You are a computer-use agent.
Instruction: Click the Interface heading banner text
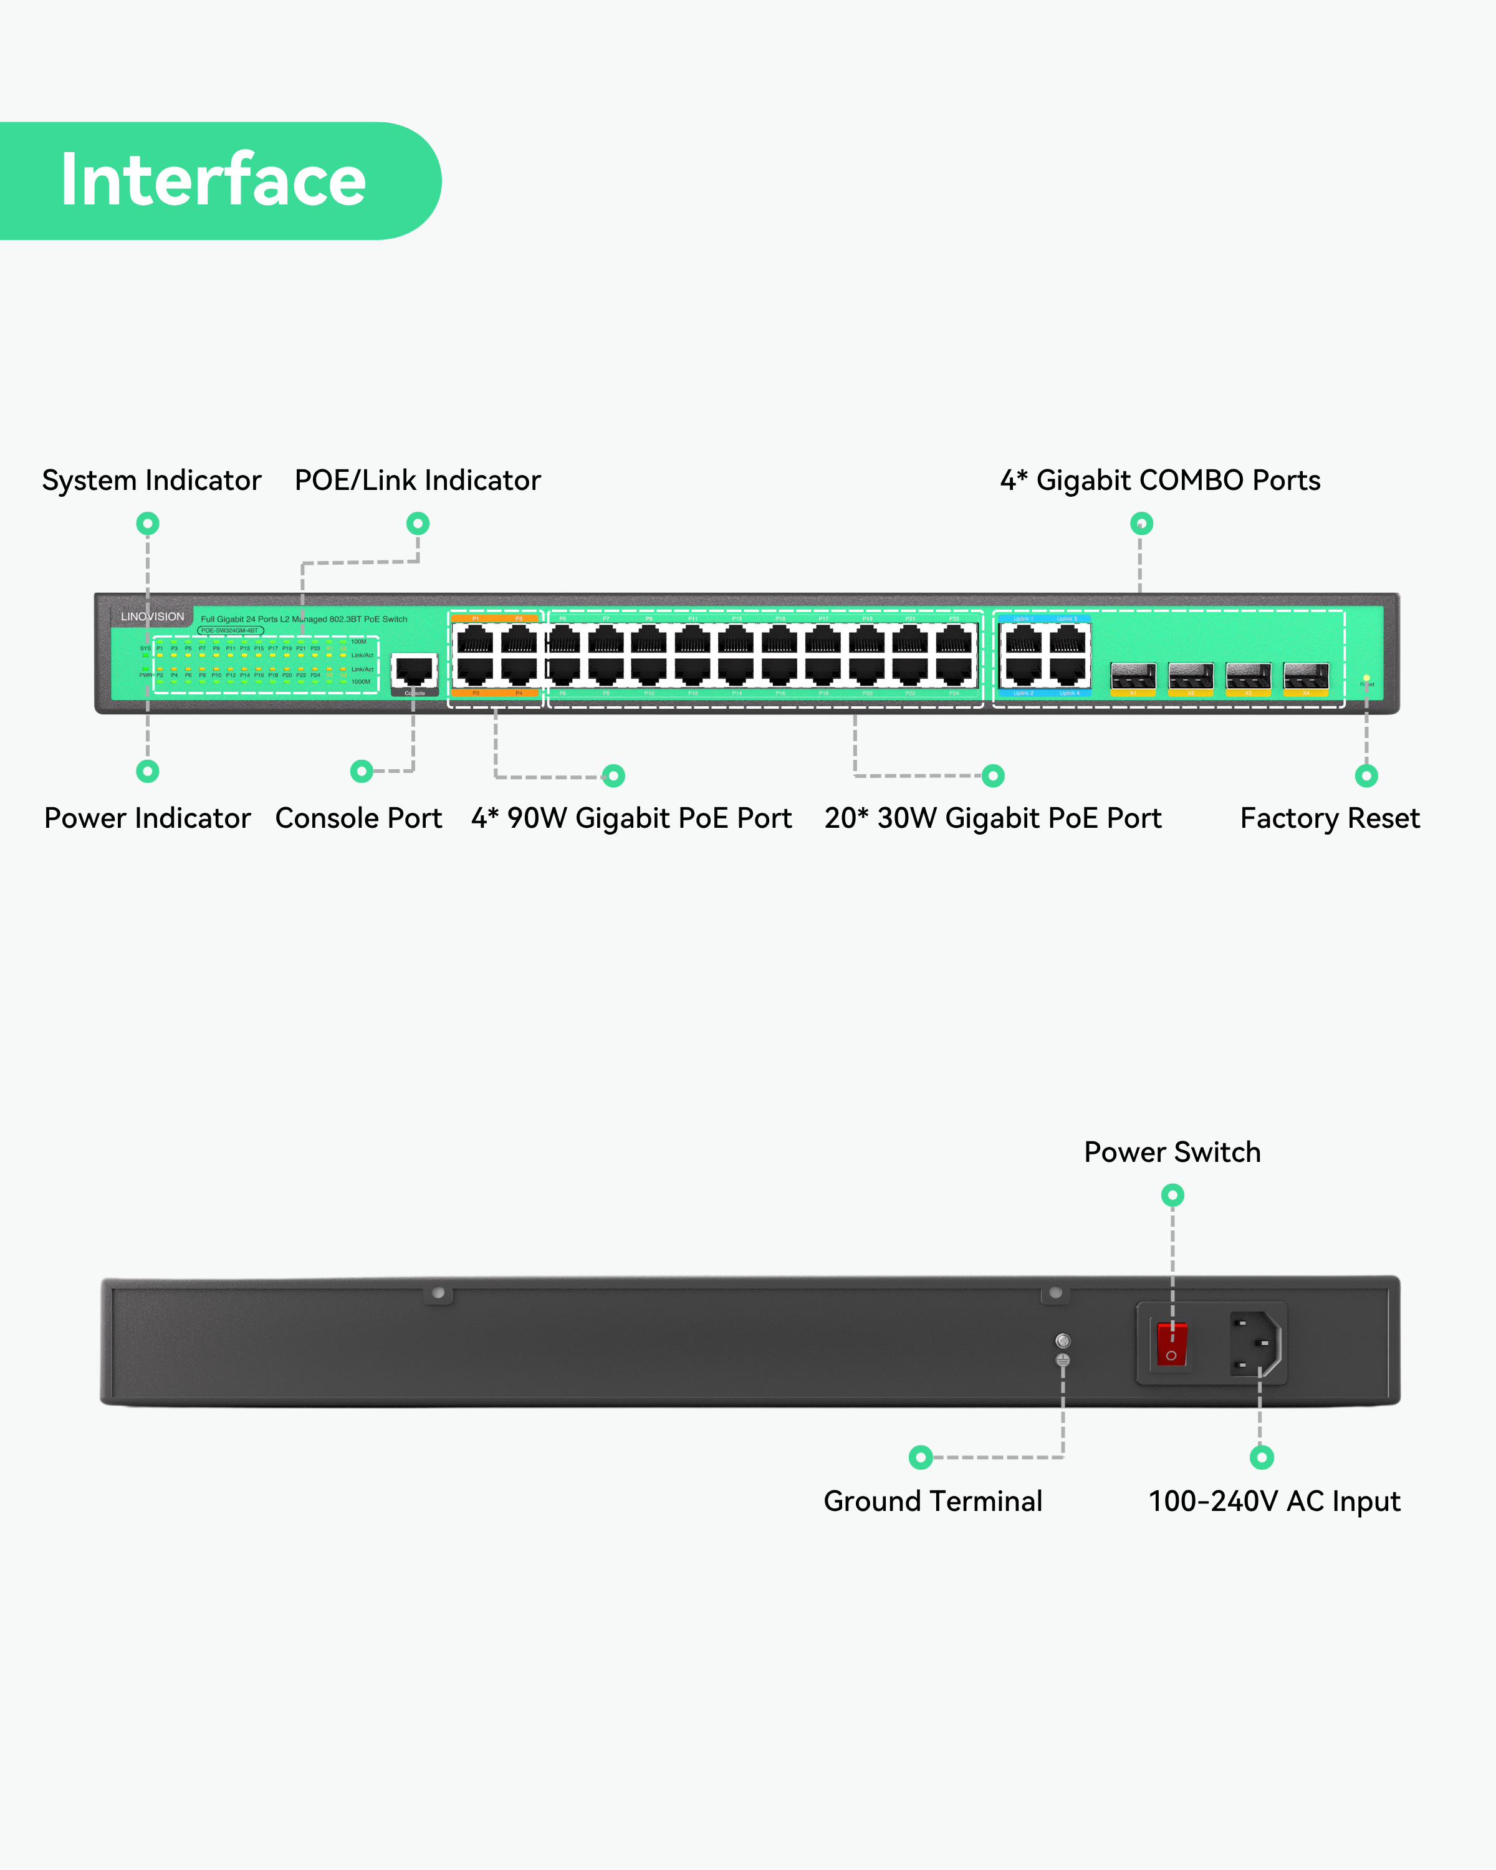click(x=213, y=180)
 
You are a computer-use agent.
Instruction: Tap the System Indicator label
click(x=151, y=481)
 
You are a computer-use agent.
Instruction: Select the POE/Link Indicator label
click(x=417, y=481)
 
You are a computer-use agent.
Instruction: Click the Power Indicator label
click(x=148, y=818)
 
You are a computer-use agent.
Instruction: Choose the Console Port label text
click(x=358, y=818)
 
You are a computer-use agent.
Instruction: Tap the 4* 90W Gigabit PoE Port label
click(x=631, y=818)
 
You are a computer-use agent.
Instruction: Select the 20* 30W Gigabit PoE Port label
click(x=993, y=818)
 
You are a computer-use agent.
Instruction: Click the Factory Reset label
click(x=1330, y=818)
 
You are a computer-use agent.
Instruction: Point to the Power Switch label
click(x=1172, y=1152)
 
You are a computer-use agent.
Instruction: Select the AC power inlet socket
click(x=1255, y=1343)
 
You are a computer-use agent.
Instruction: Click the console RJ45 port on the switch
click(x=414, y=671)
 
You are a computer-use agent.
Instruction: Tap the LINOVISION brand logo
click(x=153, y=616)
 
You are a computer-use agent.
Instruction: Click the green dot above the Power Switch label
click(x=1172, y=1195)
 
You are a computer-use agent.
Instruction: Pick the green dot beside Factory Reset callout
click(x=1366, y=775)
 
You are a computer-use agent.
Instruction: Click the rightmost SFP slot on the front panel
click(x=1305, y=676)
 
